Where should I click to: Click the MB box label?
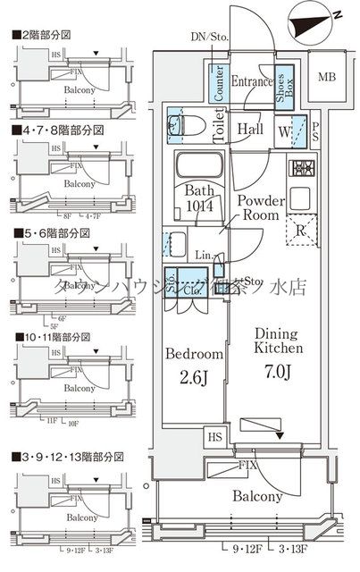pos(328,76)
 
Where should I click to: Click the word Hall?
pos(250,129)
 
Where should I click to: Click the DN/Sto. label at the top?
pos(209,37)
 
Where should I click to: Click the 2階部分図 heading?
pos(45,35)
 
